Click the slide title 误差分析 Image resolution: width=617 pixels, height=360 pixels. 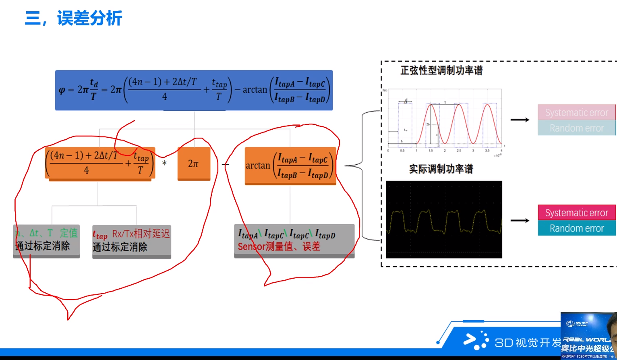(89, 19)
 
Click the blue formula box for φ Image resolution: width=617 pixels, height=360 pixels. (194, 90)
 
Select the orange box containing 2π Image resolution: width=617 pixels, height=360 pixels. (194, 163)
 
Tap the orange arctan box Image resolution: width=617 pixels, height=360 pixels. (290, 166)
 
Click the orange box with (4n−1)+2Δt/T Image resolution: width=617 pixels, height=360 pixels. (99, 163)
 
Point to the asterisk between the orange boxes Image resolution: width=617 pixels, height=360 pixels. (164, 164)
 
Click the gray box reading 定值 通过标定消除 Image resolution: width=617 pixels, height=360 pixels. (46, 240)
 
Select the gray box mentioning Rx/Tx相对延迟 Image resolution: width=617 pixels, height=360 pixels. (132, 241)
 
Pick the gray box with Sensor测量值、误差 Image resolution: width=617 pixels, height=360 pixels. (294, 240)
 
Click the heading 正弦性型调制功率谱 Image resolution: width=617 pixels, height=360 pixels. (441, 70)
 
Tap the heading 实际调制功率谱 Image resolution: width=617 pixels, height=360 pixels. (441, 169)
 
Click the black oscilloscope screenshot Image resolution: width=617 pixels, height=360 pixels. (444, 219)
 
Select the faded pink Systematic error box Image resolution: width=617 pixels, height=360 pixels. (576, 113)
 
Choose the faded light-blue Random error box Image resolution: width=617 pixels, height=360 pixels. (576, 128)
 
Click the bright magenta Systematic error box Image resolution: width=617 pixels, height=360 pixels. (576, 213)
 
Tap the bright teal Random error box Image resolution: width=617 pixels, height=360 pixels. (576, 228)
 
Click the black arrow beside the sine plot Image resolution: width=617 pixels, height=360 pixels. (520, 120)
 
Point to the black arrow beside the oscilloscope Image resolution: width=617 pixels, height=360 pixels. (520, 220)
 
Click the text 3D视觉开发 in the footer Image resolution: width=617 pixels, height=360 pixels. (528, 343)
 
